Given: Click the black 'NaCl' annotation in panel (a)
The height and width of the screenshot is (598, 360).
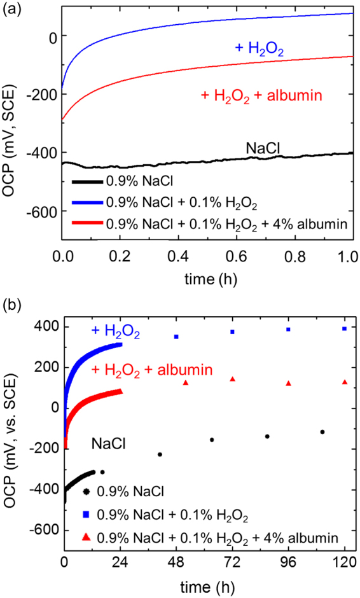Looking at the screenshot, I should (x=264, y=148).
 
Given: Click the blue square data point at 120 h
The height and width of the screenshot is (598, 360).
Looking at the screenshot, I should (x=345, y=328).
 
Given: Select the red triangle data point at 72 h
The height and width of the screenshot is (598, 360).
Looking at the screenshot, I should (x=233, y=379).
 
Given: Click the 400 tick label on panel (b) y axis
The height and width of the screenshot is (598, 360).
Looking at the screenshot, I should (x=45, y=326).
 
